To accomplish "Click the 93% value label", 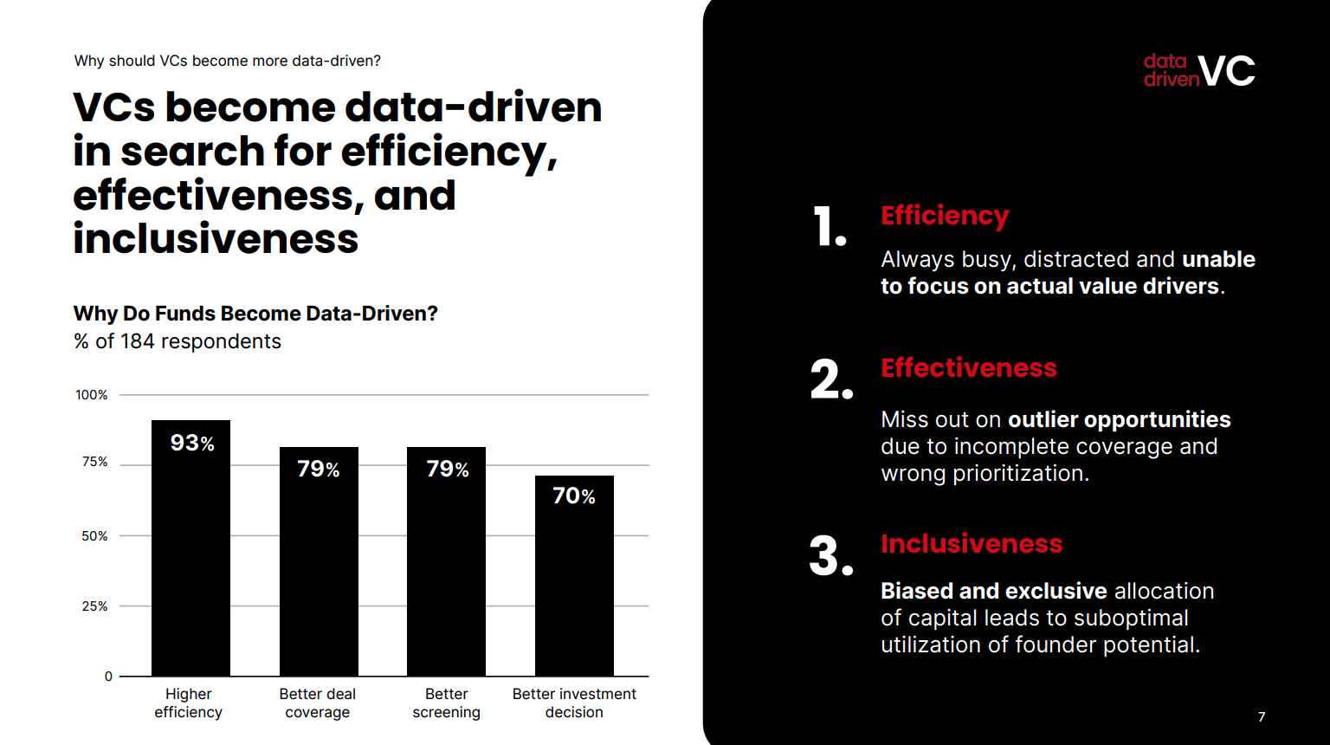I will (x=192, y=443).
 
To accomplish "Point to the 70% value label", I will (x=574, y=496).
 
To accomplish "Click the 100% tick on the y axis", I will (x=92, y=395).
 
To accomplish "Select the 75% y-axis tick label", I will (x=94, y=462).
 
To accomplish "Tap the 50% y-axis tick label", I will (x=94, y=536).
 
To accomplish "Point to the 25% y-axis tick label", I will (x=94, y=606).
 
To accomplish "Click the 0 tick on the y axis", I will (x=108, y=677).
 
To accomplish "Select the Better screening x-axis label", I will (x=446, y=703).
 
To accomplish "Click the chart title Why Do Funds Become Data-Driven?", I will (x=255, y=314).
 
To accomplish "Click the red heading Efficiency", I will (x=945, y=216).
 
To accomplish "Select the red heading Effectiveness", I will (x=969, y=368).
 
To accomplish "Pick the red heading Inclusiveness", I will (x=972, y=544).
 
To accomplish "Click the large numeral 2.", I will (x=830, y=379).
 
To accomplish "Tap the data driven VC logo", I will (x=1198, y=71).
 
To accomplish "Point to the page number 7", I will (x=1262, y=717).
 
